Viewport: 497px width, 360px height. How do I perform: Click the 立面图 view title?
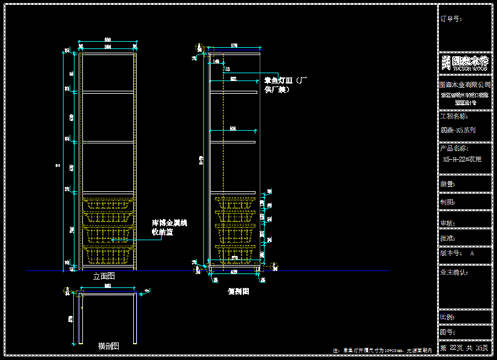tap(104, 276)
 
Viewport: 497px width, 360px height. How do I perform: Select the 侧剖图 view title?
tap(238, 291)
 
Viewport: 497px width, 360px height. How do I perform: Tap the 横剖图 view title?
tap(108, 346)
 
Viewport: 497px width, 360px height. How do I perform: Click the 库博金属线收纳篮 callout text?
tap(169, 227)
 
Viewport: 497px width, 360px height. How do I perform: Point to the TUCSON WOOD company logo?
tap(464, 62)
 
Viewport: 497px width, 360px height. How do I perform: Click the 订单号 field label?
tap(451, 19)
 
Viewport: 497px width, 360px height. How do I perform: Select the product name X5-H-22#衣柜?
tap(462, 159)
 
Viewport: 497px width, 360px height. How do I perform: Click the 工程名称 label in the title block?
tap(455, 116)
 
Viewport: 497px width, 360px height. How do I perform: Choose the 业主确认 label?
tap(454, 272)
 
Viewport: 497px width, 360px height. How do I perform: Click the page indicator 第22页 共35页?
tap(464, 348)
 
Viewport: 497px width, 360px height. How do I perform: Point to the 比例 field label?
tap(448, 317)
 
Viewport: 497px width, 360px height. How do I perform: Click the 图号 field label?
tap(448, 332)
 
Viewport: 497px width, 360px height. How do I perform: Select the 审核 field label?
tap(448, 223)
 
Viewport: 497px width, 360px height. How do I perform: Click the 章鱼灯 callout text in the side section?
tap(287, 85)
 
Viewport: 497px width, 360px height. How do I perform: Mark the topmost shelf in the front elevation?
tap(108, 92)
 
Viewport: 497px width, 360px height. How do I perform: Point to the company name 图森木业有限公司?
tap(464, 84)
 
